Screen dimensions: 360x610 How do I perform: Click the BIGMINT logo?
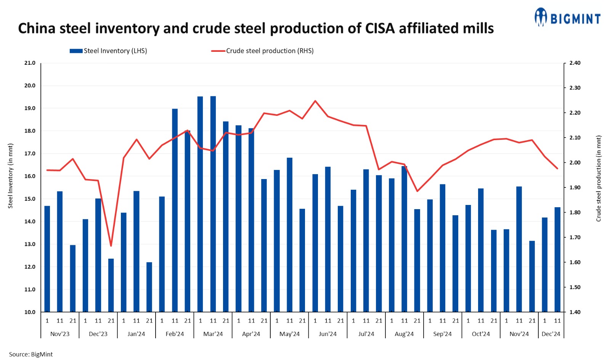[x=567, y=18]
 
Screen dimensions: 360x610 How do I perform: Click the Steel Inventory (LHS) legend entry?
[x=108, y=51]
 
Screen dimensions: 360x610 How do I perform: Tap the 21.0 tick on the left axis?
[x=30, y=63]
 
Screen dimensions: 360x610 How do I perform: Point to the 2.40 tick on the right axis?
[x=575, y=63]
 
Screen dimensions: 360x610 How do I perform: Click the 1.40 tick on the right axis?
[x=575, y=312]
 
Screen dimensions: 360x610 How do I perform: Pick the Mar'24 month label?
[x=213, y=334]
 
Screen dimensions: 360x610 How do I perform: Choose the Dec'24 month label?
[x=551, y=334]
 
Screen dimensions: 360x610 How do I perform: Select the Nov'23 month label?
[x=60, y=334]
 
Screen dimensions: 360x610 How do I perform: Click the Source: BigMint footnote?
[x=31, y=354]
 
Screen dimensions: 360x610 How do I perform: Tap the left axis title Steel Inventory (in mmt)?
[x=11, y=176]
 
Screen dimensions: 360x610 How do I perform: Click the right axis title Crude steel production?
[x=599, y=178]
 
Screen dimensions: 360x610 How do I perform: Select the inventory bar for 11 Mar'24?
[x=213, y=204]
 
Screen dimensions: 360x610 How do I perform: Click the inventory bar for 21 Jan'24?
[x=149, y=287]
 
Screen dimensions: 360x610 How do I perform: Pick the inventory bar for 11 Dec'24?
[x=557, y=259]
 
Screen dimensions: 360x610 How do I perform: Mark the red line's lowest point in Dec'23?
[x=111, y=246]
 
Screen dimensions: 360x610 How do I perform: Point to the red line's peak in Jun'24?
[x=315, y=101]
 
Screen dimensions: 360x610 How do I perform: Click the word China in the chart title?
[x=37, y=29]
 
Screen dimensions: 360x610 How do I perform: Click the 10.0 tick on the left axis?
[x=30, y=312]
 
